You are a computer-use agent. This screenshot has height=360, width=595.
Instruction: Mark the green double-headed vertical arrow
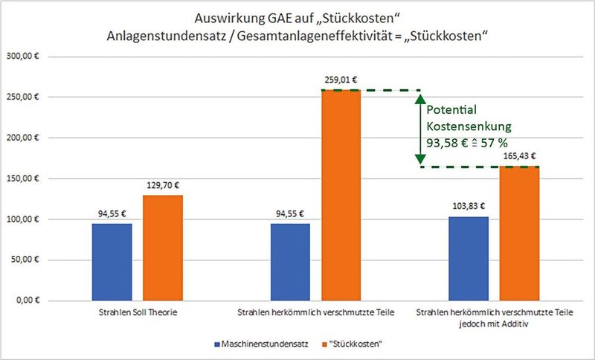419,129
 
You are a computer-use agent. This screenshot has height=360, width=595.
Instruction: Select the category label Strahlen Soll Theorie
138,313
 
